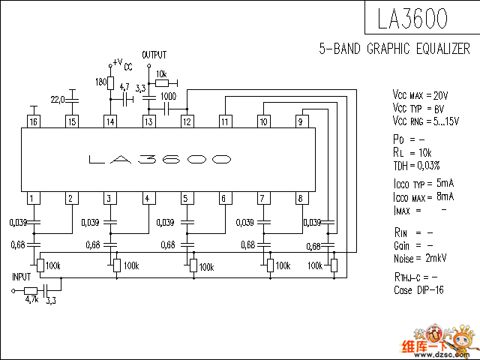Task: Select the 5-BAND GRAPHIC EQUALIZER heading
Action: [394, 49]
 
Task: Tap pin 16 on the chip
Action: [33, 121]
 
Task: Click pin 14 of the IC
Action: [110, 121]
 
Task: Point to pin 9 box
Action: [301, 121]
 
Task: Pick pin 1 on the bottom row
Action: [33, 199]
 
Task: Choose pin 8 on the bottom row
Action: [301, 199]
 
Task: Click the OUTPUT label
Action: [154, 55]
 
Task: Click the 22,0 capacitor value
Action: [58, 98]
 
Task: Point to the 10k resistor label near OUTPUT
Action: [161, 74]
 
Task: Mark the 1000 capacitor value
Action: [169, 97]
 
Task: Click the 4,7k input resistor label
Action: [31, 299]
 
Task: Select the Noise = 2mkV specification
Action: [420, 258]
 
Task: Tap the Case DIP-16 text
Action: [418, 290]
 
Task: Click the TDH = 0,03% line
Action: [416, 165]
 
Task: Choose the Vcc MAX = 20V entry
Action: [420, 96]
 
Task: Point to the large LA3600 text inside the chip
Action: [159, 160]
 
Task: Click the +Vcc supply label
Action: [121, 64]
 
